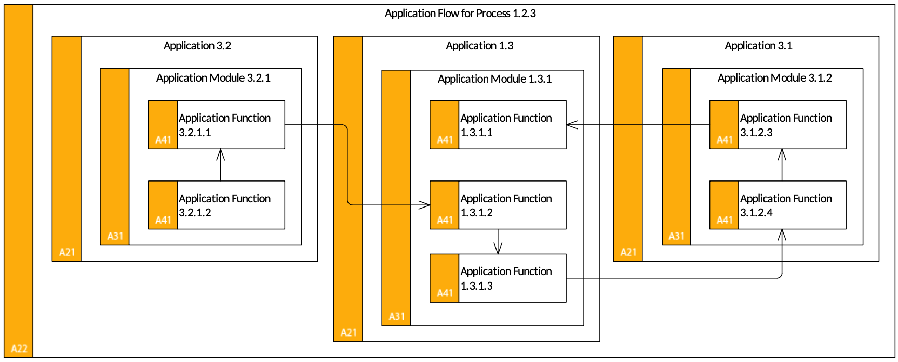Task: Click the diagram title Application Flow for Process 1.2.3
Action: click(460, 14)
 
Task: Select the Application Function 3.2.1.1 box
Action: click(217, 125)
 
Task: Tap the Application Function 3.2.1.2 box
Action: click(217, 205)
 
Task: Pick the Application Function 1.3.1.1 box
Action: click(498, 125)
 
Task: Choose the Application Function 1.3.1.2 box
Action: click(498, 205)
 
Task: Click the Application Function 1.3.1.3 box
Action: click(498, 278)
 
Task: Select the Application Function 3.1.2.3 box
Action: click(778, 125)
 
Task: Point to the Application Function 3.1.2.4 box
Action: click(778, 205)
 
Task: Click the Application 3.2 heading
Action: click(197, 46)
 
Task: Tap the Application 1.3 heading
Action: click(479, 46)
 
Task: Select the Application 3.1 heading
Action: click(759, 46)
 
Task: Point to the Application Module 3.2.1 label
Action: click(213, 78)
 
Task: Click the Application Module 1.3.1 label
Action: click(494, 79)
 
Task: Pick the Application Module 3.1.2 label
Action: click(775, 78)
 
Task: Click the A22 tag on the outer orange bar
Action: click(19, 348)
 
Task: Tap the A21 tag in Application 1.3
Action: click(349, 332)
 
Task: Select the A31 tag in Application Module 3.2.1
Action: click(115, 236)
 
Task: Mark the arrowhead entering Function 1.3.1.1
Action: click(572, 125)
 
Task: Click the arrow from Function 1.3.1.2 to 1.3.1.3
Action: click(498, 241)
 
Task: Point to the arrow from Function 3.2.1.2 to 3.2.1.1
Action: click(221, 165)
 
